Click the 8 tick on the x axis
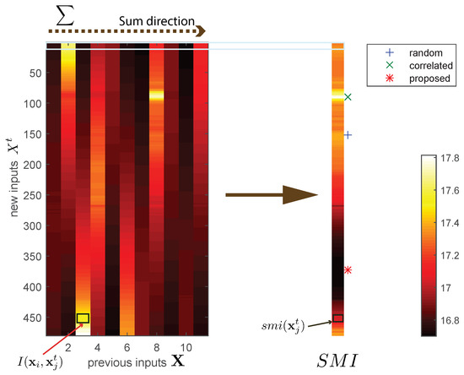(156, 346)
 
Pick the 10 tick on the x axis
(192, 346)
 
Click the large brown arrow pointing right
(269, 195)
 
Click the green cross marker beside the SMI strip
(348, 97)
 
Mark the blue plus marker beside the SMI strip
(348, 134)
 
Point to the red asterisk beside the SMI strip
(348, 270)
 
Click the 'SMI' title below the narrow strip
(337, 361)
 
